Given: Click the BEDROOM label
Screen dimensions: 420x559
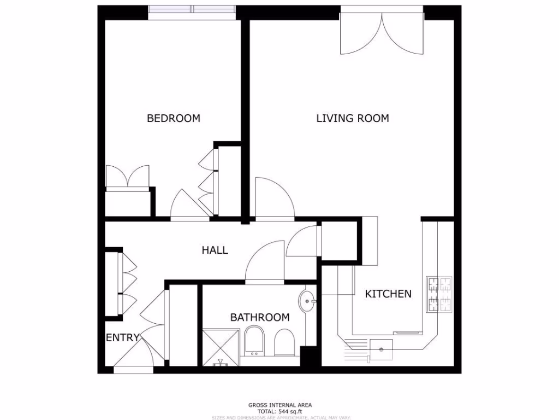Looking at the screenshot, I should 173,118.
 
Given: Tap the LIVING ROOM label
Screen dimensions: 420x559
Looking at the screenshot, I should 353,118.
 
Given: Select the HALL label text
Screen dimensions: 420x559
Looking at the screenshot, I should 215,250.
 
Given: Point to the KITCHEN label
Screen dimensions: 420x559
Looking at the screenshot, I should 388,294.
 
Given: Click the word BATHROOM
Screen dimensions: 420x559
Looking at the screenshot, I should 259,317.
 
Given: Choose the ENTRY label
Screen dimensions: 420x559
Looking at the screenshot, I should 122,338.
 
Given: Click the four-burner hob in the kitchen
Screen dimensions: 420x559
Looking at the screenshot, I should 439,294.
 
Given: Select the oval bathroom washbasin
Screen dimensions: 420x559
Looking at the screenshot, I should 306,301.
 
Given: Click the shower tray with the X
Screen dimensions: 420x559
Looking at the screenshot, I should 221,347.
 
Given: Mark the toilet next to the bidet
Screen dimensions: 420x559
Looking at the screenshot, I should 284,342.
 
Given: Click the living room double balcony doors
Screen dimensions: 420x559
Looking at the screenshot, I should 382,33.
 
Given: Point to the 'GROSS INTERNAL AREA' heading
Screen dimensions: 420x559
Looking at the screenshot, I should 280,405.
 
